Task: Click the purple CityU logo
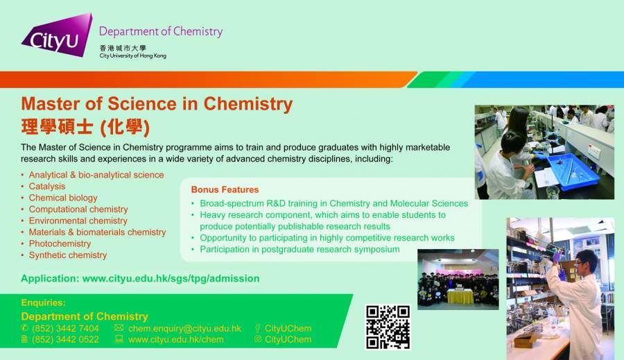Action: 58,36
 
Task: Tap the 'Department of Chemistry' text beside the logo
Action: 161,31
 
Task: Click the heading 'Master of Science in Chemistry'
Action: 157,104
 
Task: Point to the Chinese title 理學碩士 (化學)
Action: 85,127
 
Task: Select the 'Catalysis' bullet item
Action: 47,187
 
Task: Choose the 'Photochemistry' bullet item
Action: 60,243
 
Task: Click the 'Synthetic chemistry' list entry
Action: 68,255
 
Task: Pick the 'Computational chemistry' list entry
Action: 78,209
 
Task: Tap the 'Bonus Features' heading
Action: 225,189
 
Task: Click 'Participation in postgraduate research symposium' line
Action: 300,249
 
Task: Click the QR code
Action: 388,327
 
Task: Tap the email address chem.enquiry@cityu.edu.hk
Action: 184,329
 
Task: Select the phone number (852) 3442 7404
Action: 65,329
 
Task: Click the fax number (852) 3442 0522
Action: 65,340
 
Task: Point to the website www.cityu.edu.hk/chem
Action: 176,340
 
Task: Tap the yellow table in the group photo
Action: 460,297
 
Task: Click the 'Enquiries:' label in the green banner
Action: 44,302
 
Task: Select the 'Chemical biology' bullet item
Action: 63,198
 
